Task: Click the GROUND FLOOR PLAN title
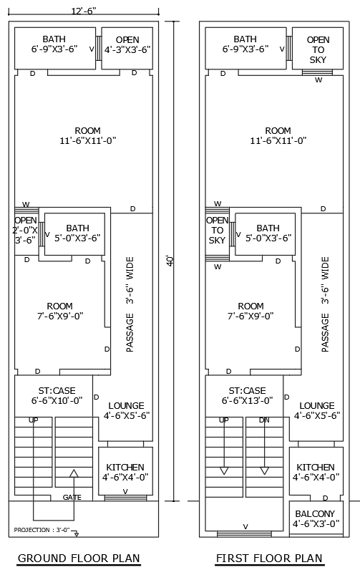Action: click(x=79, y=559)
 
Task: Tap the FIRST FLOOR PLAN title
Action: click(x=269, y=559)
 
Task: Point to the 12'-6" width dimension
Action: click(x=84, y=10)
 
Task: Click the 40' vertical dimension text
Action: click(x=170, y=262)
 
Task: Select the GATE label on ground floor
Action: click(x=72, y=497)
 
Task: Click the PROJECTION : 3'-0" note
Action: click(x=41, y=530)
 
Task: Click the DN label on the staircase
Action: click(x=264, y=420)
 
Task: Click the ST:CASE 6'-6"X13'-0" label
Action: click(x=245, y=396)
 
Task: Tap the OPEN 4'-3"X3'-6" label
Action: click(x=127, y=44)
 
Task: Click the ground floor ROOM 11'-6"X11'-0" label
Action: click(x=87, y=135)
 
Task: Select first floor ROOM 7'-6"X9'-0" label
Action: click(x=250, y=311)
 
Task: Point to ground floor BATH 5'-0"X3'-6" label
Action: click(x=72, y=233)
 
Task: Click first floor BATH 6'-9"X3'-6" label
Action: click(x=245, y=44)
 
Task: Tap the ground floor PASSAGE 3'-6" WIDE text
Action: click(x=130, y=304)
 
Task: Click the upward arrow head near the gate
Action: click(x=74, y=473)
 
